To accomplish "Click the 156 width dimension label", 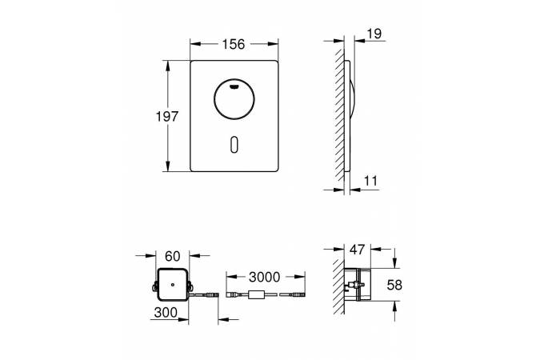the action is [x=233, y=44].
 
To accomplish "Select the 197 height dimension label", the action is [x=167, y=117].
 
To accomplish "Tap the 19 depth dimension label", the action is [x=374, y=34].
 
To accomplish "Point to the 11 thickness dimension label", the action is [x=370, y=181].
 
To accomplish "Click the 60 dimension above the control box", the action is [x=173, y=256].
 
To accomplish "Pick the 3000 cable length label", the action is [x=265, y=277].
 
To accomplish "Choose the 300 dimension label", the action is [x=166, y=313].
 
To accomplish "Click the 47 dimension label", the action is [x=357, y=250].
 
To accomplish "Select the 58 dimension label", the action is [x=394, y=285].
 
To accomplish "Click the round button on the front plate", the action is [x=234, y=100].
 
